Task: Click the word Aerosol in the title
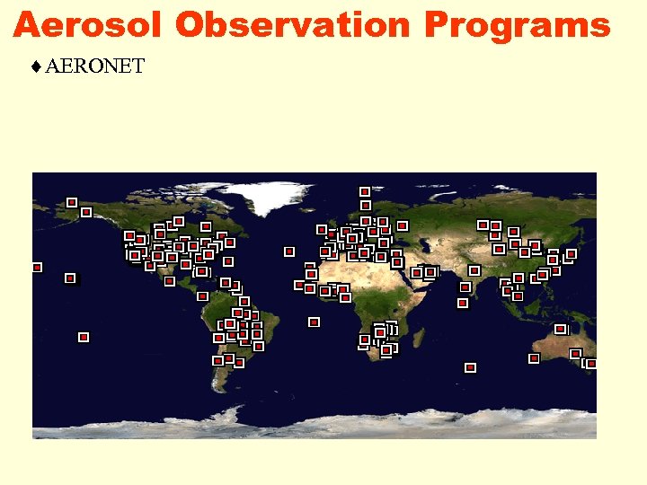click(88, 24)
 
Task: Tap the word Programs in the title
click(517, 24)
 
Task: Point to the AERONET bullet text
click(94, 66)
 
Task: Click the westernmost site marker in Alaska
click(72, 202)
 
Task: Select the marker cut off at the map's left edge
click(37, 267)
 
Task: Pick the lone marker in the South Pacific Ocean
click(84, 337)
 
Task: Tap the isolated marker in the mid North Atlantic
click(289, 251)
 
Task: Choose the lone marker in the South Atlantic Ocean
click(314, 322)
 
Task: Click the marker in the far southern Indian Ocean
click(470, 367)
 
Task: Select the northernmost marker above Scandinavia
click(365, 191)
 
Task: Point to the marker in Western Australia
click(534, 358)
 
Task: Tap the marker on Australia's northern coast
click(561, 330)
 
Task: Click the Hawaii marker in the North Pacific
click(70, 278)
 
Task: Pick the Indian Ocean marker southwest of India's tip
click(463, 303)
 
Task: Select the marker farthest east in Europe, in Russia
click(403, 225)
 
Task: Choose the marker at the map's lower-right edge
click(591, 364)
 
